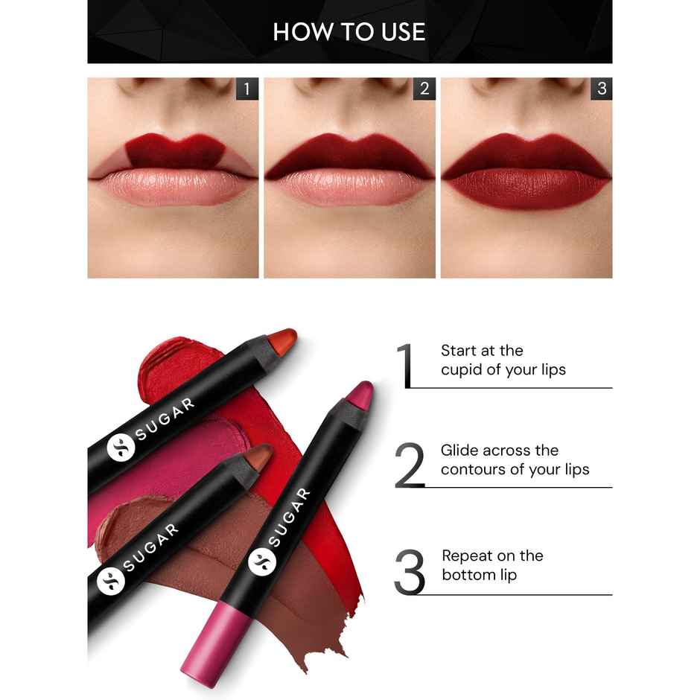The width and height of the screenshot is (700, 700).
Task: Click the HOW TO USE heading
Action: [x=349, y=31]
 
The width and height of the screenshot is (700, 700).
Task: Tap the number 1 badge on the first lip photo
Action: [x=247, y=89]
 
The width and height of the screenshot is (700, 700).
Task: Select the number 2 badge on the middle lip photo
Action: [x=424, y=89]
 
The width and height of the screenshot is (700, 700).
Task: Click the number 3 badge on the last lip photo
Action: [x=601, y=89]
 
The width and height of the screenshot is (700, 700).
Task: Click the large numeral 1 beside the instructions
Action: [x=405, y=365]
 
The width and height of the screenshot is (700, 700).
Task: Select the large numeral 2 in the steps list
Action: [x=409, y=465]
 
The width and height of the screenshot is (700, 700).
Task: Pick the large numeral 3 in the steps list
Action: [x=409, y=572]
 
